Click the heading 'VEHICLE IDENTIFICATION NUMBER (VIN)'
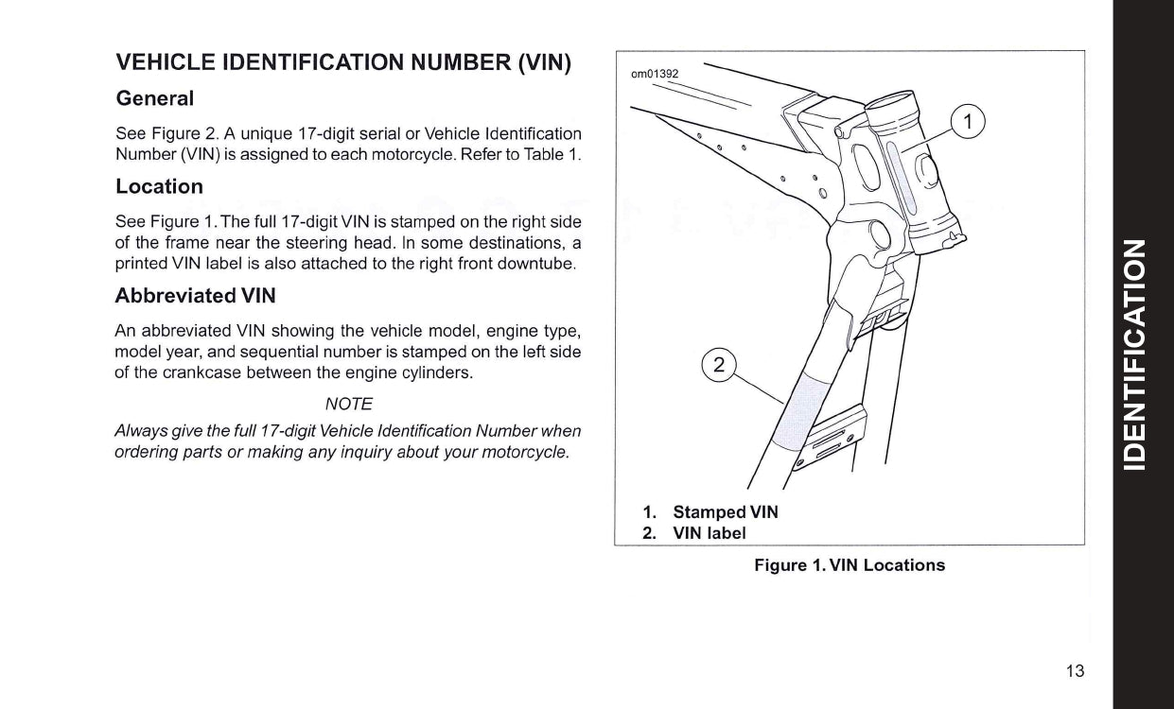coord(343,63)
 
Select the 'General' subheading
coord(154,98)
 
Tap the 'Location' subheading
coord(159,186)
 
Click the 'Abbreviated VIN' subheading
coord(195,295)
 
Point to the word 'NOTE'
coord(348,404)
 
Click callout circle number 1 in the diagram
coord(967,121)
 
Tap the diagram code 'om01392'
coord(655,74)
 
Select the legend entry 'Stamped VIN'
coord(726,511)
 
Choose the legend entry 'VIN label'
coord(710,533)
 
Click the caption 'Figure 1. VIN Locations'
coord(849,565)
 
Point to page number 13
coord(1075,671)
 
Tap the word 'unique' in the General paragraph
coord(271,134)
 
